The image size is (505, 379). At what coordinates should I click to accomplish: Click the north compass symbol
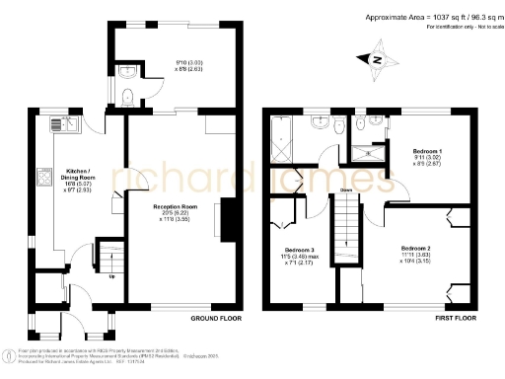point(376,61)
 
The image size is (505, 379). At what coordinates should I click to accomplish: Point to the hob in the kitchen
point(43,178)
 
